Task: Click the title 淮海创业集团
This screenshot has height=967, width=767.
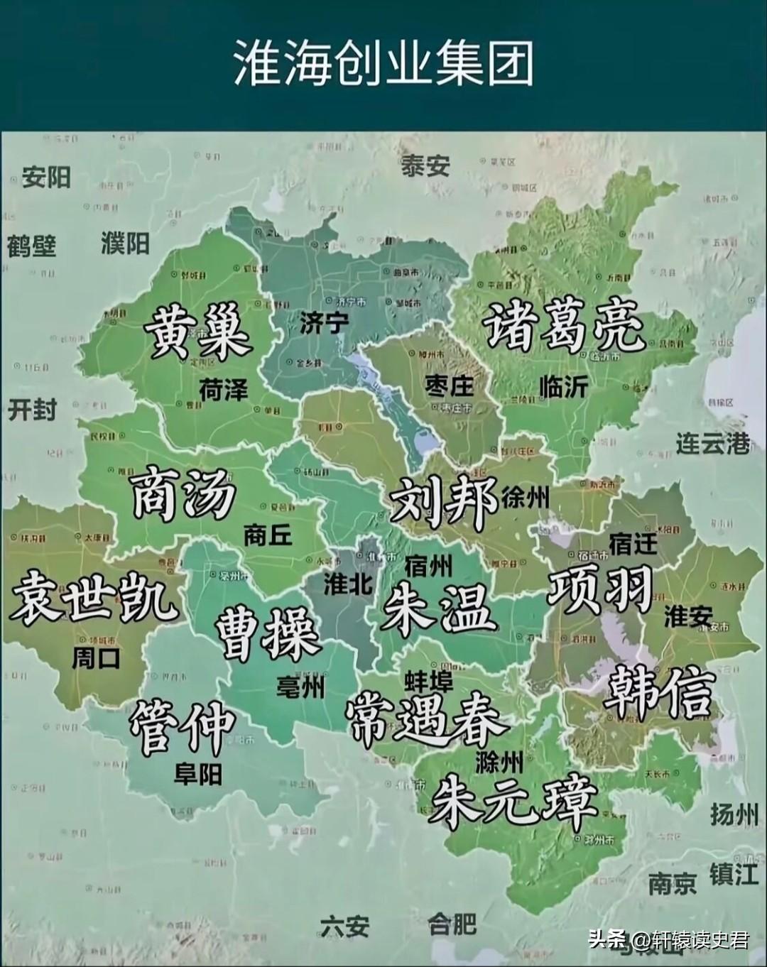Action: coord(383,62)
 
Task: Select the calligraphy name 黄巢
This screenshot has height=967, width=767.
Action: coord(198,332)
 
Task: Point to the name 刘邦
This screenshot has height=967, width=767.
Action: coord(444,501)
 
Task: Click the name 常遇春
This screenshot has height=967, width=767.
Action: coord(426,719)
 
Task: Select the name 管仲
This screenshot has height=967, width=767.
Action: coord(183,726)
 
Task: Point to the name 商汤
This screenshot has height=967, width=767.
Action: coord(184,492)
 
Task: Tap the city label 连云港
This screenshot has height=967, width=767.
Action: coord(712,443)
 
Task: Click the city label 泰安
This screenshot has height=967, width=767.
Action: coord(425,166)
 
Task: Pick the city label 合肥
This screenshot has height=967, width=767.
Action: coord(452,924)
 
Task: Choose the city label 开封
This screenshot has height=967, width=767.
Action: coord(32,410)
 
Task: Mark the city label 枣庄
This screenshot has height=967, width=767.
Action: coord(449,386)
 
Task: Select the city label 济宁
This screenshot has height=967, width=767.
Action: coord(323,323)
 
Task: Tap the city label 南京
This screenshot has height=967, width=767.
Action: coord(672,884)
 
